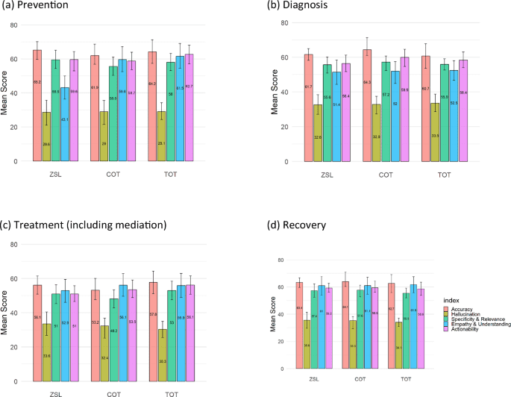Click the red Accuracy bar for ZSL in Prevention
point(37,105)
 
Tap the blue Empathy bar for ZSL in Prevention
point(65,124)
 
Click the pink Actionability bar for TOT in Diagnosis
point(463,110)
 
